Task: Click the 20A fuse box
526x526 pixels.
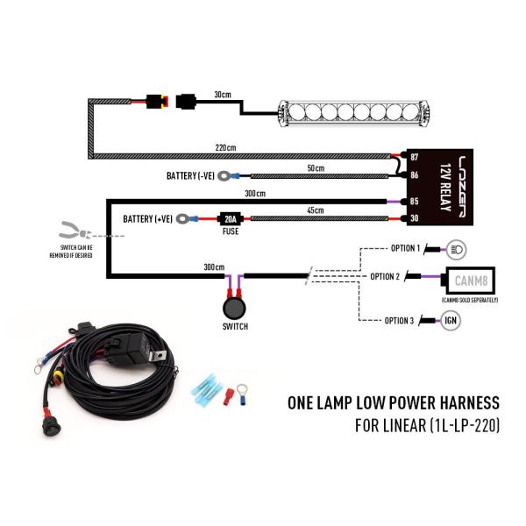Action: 231,219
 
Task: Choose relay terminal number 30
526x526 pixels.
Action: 416,219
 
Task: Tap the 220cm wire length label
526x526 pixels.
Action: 226,147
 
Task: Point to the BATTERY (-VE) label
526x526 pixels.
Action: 192,176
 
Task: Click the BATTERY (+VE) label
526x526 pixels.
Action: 149,218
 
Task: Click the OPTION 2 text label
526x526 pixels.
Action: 385,277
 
